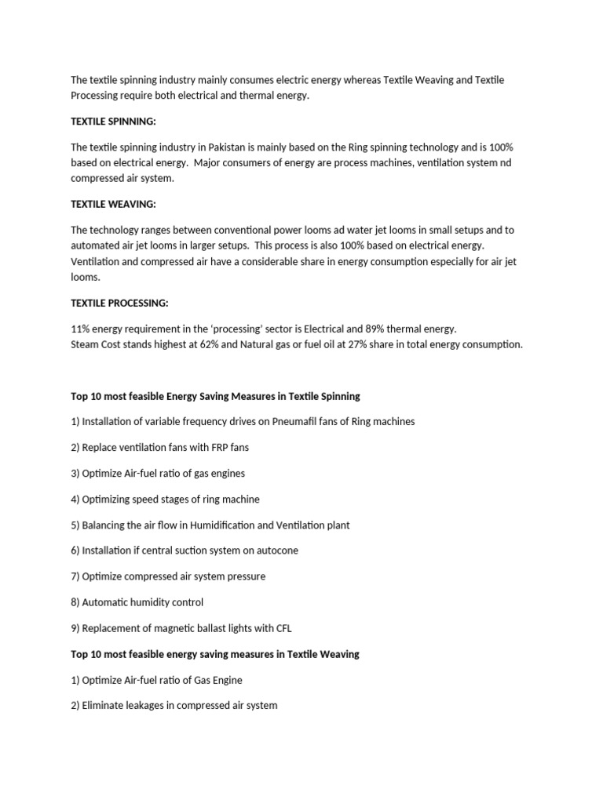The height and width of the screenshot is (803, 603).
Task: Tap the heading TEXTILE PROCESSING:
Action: click(119, 303)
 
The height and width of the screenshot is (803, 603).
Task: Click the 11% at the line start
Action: click(81, 329)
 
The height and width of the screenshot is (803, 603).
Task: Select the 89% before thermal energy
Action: click(377, 329)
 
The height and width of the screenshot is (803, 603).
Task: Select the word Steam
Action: click(86, 344)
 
